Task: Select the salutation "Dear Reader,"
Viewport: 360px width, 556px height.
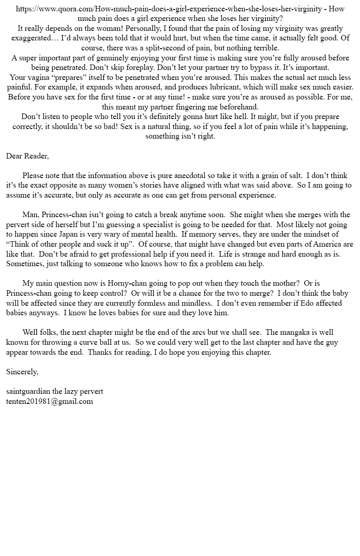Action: point(27,156)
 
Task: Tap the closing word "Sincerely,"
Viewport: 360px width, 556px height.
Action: point(22,372)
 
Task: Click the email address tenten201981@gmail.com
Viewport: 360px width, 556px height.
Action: point(50,401)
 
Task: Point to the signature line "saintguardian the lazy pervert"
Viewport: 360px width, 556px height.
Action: point(55,391)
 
